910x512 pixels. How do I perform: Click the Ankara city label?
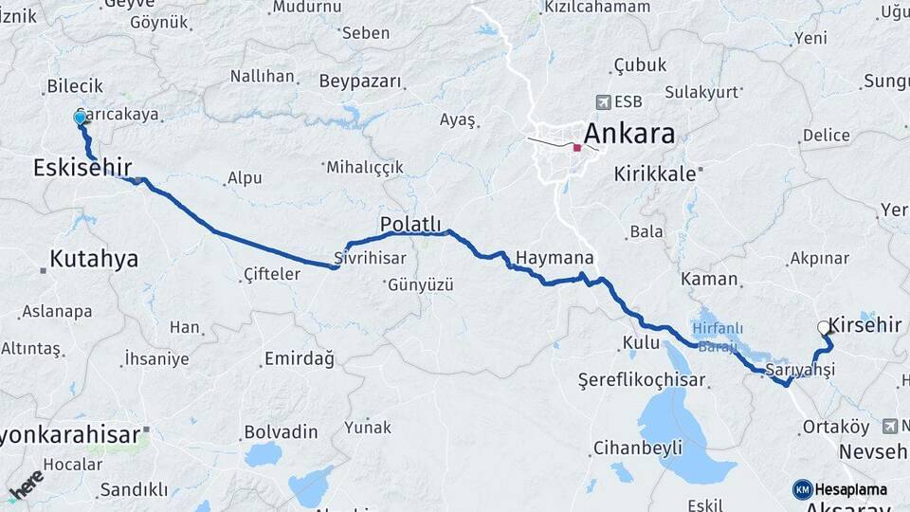[629, 133]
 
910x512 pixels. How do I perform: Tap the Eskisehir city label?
[82, 168]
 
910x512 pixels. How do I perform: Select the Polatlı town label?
[410, 224]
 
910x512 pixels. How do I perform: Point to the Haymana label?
[555, 258]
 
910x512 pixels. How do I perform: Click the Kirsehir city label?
[864, 325]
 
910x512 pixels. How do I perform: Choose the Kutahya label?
[94, 258]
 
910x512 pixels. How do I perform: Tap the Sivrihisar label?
[371, 258]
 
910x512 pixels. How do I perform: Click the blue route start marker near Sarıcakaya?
[80, 118]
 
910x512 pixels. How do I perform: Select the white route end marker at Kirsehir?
[823, 327]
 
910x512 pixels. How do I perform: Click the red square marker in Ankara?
[576, 148]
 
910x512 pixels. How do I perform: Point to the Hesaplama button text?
[850, 489]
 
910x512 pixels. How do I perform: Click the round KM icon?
[802, 489]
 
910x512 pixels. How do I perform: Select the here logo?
[27, 484]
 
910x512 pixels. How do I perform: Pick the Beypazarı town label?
[360, 82]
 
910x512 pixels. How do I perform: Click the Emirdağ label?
[300, 358]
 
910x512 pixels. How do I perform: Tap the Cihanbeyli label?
[637, 448]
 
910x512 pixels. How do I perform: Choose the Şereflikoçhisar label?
[643, 380]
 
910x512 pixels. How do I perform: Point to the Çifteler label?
[272, 274]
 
